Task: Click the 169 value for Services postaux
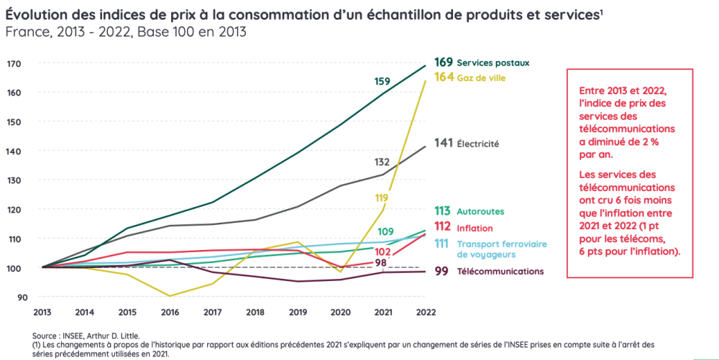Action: pyautogui.click(x=444, y=63)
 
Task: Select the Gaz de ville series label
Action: pyautogui.click(x=481, y=78)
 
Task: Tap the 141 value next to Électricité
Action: pyautogui.click(x=444, y=143)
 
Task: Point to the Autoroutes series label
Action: pyautogui.click(x=481, y=211)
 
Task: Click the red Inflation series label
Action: pyautogui.click(x=475, y=228)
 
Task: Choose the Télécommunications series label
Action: pyautogui.click(x=500, y=271)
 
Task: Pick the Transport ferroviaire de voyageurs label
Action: pyautogui.click(x=502, y=249)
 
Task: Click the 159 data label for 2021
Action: pyautogui.click(x=383, y=81)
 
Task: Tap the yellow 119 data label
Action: pyautogui.click(x=382, y=198)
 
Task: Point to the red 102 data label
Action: pyautogui.click(x=383, y=252)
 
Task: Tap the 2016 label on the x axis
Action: pyautogui.click(x=169, y=313)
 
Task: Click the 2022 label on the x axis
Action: pyautogui.click(x=425, y=313)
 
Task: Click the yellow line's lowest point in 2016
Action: pyautogui.click(x=170, y=296)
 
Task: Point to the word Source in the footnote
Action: pyautogui.click(x=47, y=336)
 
